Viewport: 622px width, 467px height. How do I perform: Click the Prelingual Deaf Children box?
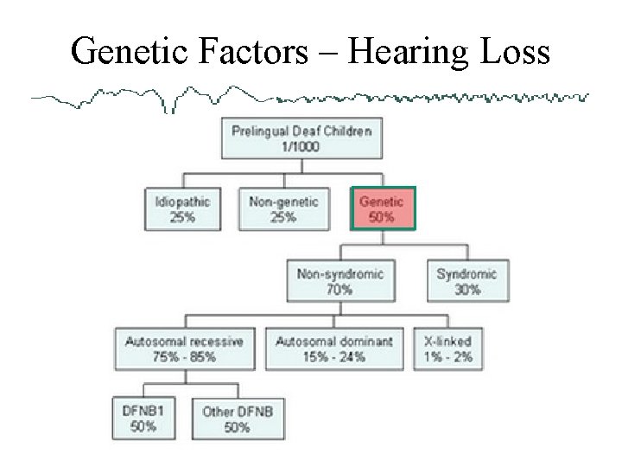point(301,138)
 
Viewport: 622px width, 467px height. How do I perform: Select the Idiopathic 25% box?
point(182,209)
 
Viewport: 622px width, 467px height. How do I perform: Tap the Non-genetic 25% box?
point(283,209)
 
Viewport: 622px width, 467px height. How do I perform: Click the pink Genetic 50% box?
point(383,208)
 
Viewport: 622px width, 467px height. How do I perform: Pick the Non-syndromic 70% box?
point(340,281)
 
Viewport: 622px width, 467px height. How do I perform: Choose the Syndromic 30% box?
point(466,281)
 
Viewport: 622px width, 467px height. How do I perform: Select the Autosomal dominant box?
point(333,349)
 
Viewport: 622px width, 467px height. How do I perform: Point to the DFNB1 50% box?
point(143,418)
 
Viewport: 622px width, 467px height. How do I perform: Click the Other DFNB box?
point(237,418)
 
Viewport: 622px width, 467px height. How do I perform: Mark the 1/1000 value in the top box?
point(301,147)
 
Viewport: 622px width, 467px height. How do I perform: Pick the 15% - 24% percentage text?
point(333,356)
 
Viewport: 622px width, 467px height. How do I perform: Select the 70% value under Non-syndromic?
point(340,290)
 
